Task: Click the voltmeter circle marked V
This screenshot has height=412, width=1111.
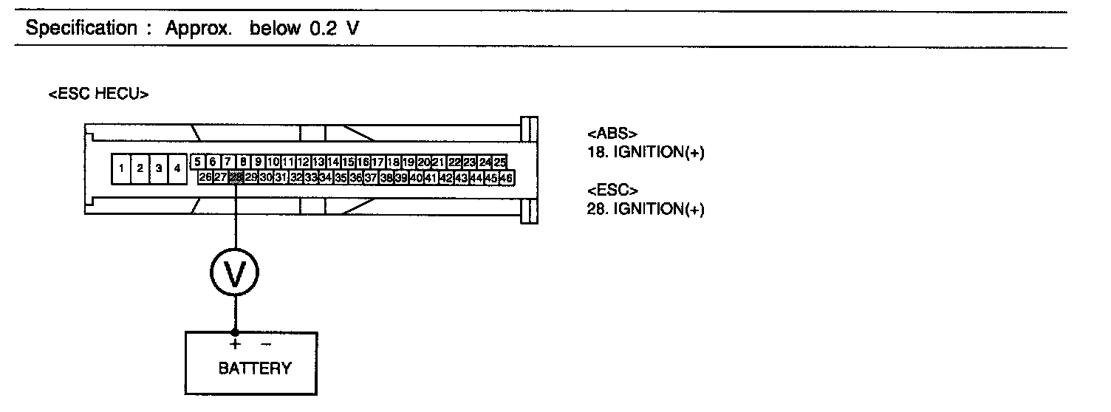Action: point(235,274)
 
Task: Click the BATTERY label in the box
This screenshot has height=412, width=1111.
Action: point(255,368)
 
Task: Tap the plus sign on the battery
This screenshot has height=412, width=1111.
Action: point(235,344)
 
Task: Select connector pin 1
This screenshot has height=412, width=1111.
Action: point(120,169)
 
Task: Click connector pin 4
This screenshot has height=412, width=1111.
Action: point(177,169)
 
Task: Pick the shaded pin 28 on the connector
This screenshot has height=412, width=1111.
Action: point(236,177)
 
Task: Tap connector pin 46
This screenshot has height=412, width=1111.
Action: point(507,177)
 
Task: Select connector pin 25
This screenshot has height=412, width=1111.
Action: point(500,162)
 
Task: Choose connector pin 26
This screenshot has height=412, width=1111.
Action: point(205,177)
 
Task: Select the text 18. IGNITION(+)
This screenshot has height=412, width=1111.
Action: point(645,153)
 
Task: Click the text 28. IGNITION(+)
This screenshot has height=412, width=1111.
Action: point(645,209)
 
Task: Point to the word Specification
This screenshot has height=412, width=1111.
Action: point(81,29)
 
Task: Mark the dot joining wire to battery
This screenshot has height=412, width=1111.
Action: point(235,332)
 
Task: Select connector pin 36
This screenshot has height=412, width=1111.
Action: point(356,177)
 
